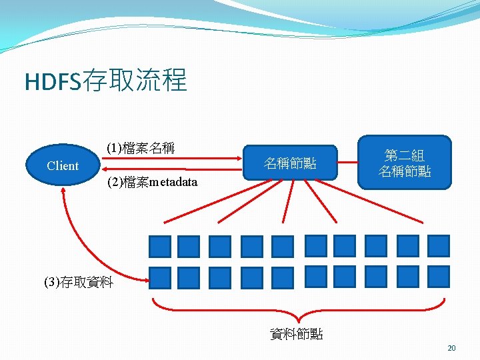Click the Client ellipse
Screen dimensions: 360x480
click(63, 166)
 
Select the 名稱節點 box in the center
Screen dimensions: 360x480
click(290, 163)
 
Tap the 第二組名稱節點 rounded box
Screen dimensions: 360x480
click(405, 164)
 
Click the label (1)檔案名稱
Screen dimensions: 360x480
click(141, 148)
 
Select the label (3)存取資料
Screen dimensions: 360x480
click(79, 282)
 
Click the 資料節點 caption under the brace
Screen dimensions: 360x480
click(296, 334)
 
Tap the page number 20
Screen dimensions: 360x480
click(451, 348)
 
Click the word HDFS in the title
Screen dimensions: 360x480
click(52, 81)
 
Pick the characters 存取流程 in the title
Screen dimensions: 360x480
click(133, 81)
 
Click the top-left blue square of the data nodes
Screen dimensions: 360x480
click(160, 247)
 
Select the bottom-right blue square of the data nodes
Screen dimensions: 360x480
click(439, 276)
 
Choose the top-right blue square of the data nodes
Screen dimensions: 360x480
click(439, 246)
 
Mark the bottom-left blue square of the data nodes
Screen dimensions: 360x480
click(160, 277)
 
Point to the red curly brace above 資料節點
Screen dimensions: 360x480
click(297, 308)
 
